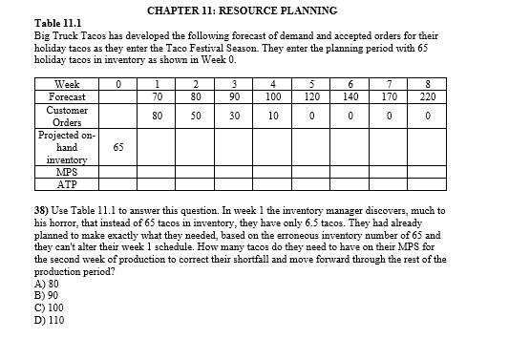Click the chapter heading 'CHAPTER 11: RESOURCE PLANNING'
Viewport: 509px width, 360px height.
243,11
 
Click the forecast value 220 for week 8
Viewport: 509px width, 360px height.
427,96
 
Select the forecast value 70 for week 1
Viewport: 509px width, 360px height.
156,96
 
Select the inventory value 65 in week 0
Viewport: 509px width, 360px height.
117,148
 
